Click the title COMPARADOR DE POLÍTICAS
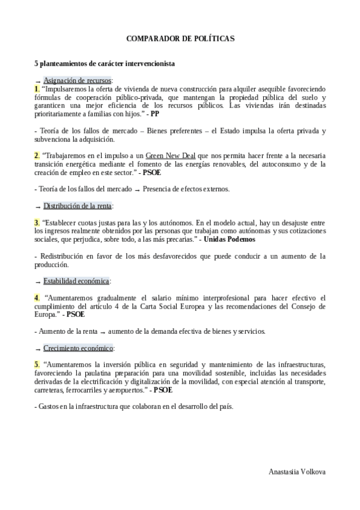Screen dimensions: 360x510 coord(180,38)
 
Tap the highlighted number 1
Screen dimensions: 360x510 coord(37,88)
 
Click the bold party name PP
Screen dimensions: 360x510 coord(155,112)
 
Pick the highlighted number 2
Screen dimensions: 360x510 coord(37,155)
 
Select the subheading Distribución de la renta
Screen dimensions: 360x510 coord(77,206)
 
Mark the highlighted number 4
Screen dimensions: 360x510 coord(37,297)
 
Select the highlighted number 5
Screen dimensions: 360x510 coord(37,364)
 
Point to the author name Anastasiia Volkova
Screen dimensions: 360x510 coord(297,472)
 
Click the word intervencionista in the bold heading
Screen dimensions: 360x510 coord(148,63)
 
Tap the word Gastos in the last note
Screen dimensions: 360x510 coord(48,407)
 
